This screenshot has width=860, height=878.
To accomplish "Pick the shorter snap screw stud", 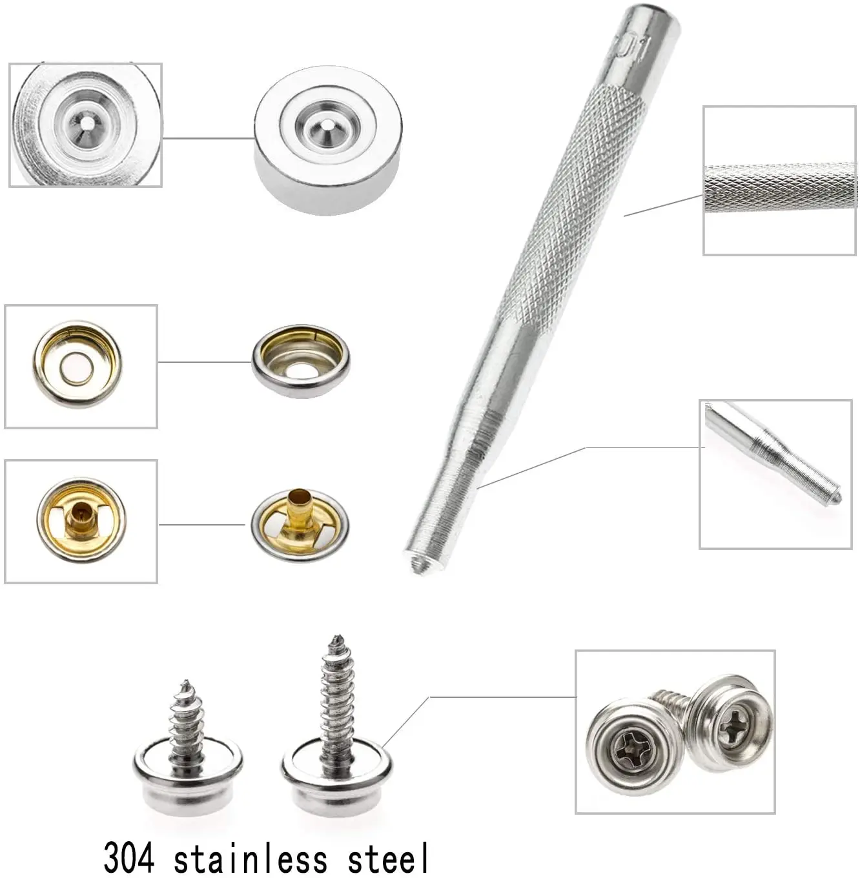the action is pos(188,750).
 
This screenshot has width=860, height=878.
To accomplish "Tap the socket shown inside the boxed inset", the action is pos(77,363).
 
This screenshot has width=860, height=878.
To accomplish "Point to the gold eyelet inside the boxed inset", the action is pos(81,521).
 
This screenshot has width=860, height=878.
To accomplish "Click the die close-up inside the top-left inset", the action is pos(86,125).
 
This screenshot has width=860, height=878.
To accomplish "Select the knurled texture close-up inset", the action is pos(779,180).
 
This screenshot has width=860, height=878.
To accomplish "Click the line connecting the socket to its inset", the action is pos(205,362).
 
